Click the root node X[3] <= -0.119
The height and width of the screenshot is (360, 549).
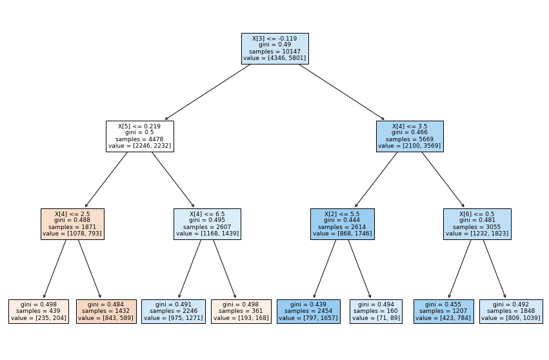click(x=275, y=48)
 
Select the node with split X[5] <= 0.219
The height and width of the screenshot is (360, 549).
click(x=140, y=136)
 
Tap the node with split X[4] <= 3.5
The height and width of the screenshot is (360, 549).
click(x=410, y=136)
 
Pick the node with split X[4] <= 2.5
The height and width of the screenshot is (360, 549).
click(x=72, y=224)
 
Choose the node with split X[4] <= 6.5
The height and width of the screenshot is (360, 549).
click(x=207, y=224)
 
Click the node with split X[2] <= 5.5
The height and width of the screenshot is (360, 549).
click(x=343, y=224)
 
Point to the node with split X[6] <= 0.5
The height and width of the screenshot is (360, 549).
click(x=477, y=224)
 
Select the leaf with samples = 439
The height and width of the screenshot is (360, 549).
click(x=39, y=312)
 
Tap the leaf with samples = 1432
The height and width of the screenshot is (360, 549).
click(x=106, y=312)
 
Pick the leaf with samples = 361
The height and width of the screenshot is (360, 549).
click(x=241, y=312)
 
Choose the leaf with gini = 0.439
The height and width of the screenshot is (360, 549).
click(x=308, y=312)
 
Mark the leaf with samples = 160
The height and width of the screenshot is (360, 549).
click(x=376, y=312)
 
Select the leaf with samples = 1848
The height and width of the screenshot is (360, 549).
click(x=511, y=312)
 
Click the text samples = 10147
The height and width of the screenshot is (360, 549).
click(x=275, y=52)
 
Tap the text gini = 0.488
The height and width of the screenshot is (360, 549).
click(x=72, y=220)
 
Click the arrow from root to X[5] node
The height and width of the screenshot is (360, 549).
click(x=208, y=92)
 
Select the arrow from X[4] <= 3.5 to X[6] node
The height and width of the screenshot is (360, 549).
click(x=443, y=179)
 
